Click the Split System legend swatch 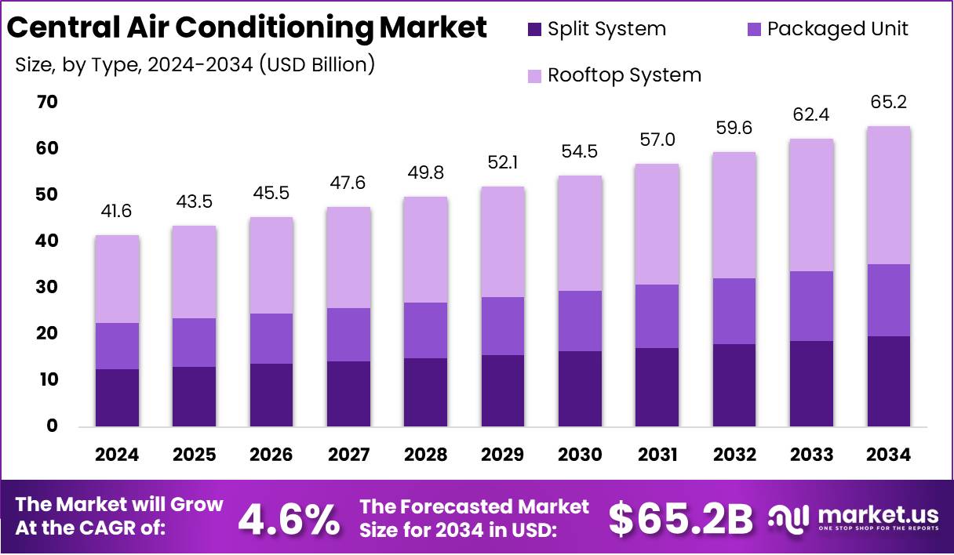[534, 30]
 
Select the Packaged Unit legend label [837, 29]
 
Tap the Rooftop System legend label [624, 75]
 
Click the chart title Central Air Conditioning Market [247, 28]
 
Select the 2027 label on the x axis [349, 455]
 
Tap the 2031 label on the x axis [657, 455]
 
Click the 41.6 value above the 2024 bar [118, 211]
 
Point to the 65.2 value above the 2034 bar [889, 102]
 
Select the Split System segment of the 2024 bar [118, 397]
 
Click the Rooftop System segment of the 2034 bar [889, 195]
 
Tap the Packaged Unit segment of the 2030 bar [580, 321]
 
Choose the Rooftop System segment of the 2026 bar [271, 265]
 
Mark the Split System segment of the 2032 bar [734, 385]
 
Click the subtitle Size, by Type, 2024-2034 [195, 64]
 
